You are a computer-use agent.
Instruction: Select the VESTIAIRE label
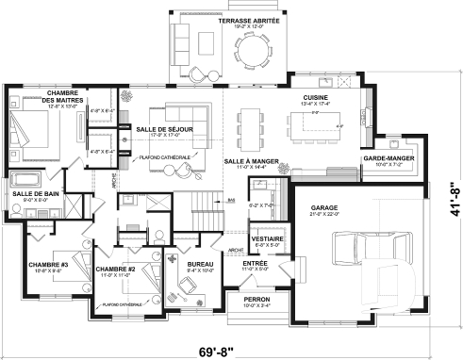(263, 238)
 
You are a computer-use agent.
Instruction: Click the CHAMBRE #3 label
(46, 264)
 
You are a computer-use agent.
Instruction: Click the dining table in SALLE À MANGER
(251, 123)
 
